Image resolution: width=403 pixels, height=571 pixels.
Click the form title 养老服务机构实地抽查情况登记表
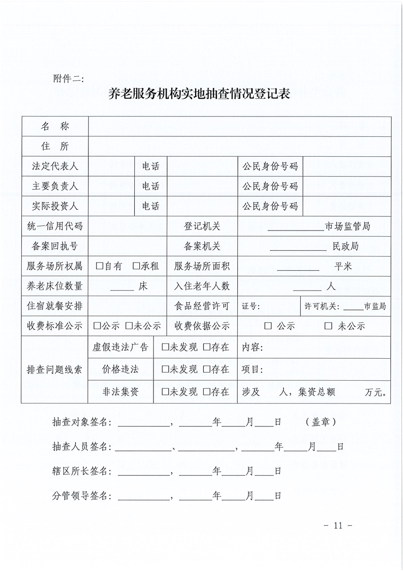coord(199,94)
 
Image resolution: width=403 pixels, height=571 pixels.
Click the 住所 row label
coord(55,147)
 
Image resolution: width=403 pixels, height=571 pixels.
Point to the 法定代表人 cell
coord(55,166)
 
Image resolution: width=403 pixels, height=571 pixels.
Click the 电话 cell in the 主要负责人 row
coord(150,186)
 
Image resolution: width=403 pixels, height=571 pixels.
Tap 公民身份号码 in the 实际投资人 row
coord(270,206)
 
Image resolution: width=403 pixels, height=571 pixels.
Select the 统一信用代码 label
coord(55,226)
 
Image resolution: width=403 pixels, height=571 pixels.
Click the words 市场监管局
coord(348,226)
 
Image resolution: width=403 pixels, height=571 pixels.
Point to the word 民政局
coord(346,246)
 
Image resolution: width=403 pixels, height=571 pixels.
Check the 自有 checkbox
coord(99,266)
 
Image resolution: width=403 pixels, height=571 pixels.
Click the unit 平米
coord(343,266)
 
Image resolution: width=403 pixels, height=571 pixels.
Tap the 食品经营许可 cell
coord(202,306)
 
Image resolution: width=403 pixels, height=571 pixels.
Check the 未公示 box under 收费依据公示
coord(328,326)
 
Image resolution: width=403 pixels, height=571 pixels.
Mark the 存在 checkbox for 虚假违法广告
coord(206,348)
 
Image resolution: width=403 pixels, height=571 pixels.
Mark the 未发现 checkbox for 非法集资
coord(165,392)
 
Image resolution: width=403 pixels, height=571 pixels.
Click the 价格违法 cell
coord(120,369)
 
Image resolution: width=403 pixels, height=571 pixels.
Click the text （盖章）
coord(321,422)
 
